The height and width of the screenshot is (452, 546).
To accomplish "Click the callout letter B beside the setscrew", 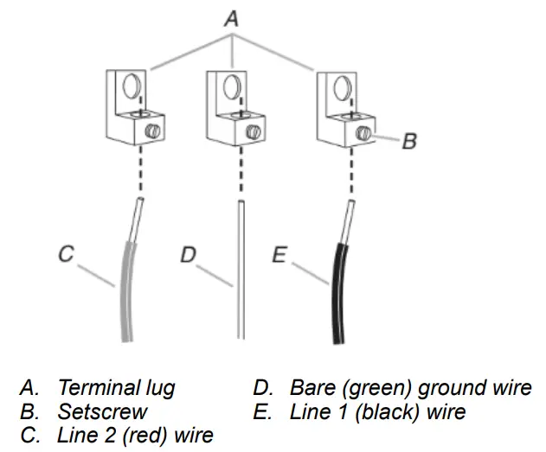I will point(409,141).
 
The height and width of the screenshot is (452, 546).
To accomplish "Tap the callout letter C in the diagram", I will point(66,254).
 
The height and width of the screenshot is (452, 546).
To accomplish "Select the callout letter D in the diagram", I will point(188,255).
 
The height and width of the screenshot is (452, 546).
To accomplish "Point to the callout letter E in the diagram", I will point(279,255).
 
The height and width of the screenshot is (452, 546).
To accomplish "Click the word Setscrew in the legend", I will point(102,412).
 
